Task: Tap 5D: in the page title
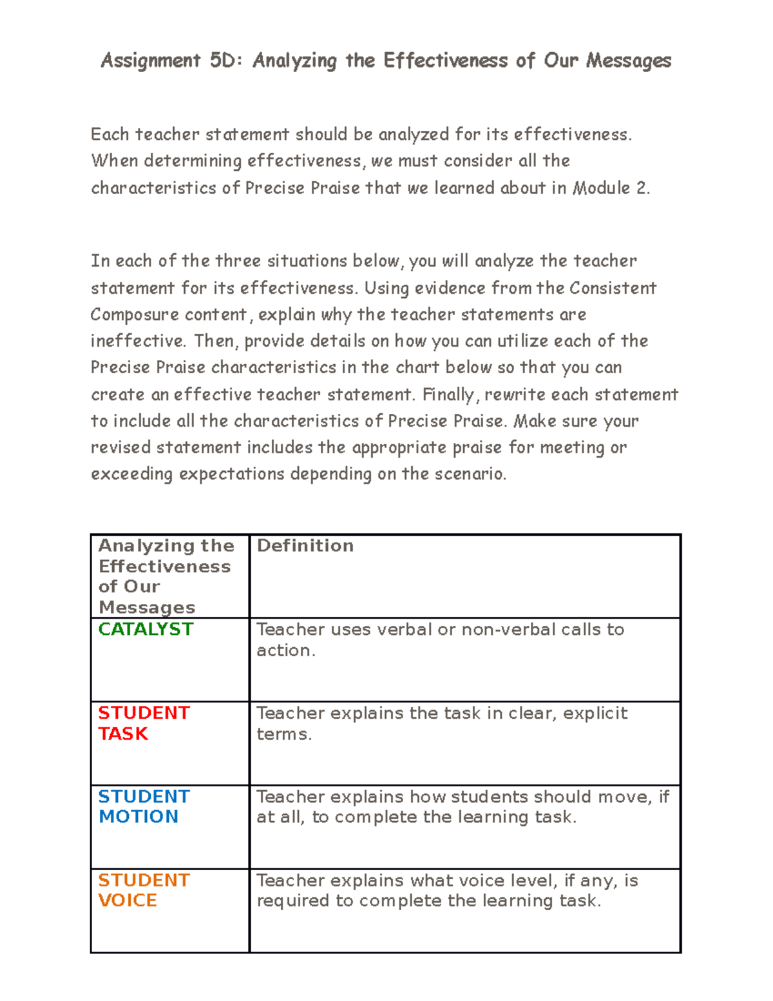(x=226, y=61)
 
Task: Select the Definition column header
(x=305, y=546)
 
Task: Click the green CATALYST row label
(x=146, y=629)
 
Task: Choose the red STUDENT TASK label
(x=143, y=723)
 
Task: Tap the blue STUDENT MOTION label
(x=143, y=806)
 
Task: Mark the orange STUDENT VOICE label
(x=143, y=890)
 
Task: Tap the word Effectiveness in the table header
(x=164, y=567)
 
